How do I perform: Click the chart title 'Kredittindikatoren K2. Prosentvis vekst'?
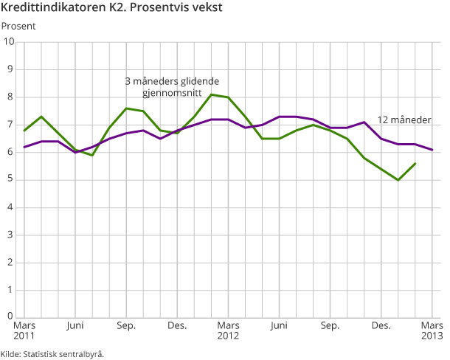pyautogui.click(x=113, y=9)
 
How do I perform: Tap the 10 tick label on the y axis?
pyautogui.click(x=10, y=41)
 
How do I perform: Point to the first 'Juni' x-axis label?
pyautogui.click(x=75, y=325)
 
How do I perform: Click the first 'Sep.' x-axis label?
pyautogui.click(x=125, y=325)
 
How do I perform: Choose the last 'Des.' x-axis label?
pyautogui.click(x=381, y=325)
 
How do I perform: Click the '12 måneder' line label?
pyautogui.click(x=404, y=120)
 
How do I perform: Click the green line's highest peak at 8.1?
pyautogui.click(x=211, y=94)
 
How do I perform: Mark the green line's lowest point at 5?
pyautogui.click(x=398, y=180)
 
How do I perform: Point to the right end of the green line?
pyautogui.click(x=415, y=163)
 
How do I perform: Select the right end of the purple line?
pyautogui.click(x=432, y=150)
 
